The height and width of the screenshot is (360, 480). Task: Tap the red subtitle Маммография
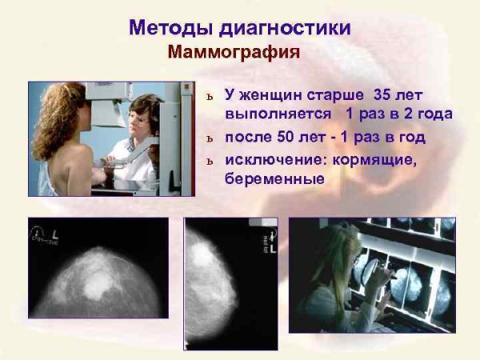point(234,54)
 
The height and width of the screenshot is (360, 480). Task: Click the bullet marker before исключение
point(210,160)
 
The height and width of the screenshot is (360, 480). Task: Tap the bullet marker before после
point(210,138)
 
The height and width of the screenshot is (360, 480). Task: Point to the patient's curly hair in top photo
point(56,120)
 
